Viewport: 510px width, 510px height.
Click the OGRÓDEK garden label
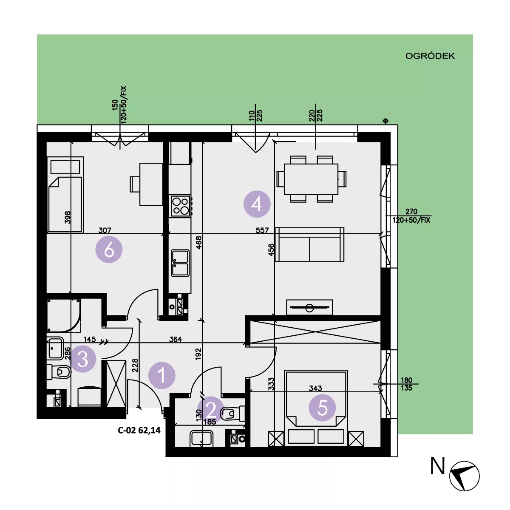coord(430,56)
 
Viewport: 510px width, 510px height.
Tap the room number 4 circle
coord(257,204)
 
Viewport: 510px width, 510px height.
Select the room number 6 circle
coord(109,249)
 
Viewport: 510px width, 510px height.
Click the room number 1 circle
coord(161,375)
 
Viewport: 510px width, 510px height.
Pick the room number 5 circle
coord(322,408)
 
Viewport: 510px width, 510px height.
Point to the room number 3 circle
coord(82,359)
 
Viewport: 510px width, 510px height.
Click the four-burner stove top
coord(181,206)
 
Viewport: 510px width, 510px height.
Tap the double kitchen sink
coord(180,263)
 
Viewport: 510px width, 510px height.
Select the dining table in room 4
coord(311,179)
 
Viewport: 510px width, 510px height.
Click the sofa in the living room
coord(310,244)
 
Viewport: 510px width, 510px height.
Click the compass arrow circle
coord(464,476)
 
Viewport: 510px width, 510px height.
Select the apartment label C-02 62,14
coord(139,430)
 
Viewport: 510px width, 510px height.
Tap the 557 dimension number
coord(262,230)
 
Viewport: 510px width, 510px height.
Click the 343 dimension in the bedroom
coord(315,388)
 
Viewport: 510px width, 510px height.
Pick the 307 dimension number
coord(105,230)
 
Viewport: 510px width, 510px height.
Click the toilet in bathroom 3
coord(59,371)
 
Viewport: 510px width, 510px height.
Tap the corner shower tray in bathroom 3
coord(64,315)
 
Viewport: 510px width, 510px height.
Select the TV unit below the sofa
coord(309,307)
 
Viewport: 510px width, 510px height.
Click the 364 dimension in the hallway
coord(176,339)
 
